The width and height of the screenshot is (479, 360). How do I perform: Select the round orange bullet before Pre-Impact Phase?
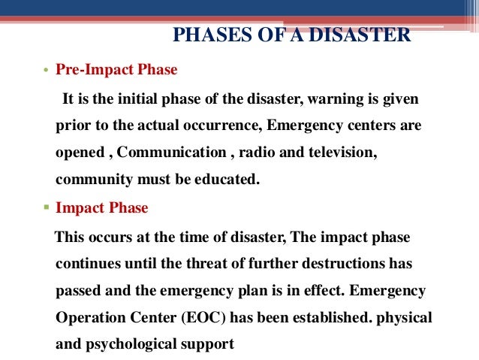(45, 71)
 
